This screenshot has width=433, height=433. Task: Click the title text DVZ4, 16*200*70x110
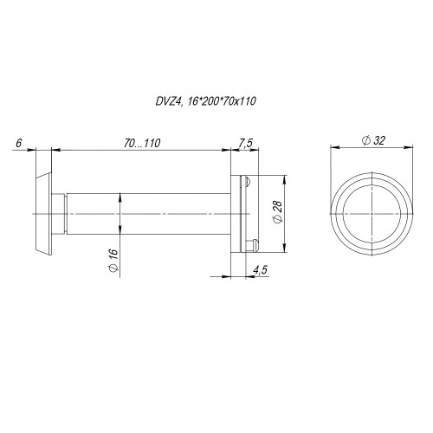[205, 101]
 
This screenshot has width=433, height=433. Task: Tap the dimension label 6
[19, 143]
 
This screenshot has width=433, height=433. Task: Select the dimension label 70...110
[142, 143]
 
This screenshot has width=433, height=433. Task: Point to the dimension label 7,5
[246, 143]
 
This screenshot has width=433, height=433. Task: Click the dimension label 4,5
[260, 270]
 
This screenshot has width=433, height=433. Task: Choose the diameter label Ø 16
[113, 260]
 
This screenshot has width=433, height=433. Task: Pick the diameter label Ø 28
[278, 211]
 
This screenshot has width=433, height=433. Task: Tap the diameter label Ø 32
[373, 140]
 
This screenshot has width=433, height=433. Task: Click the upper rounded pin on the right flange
[248, 181]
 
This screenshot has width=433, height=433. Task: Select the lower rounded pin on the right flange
[255, 245]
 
